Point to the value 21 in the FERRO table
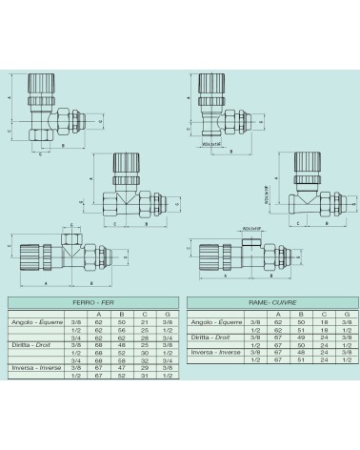point(143,321)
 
